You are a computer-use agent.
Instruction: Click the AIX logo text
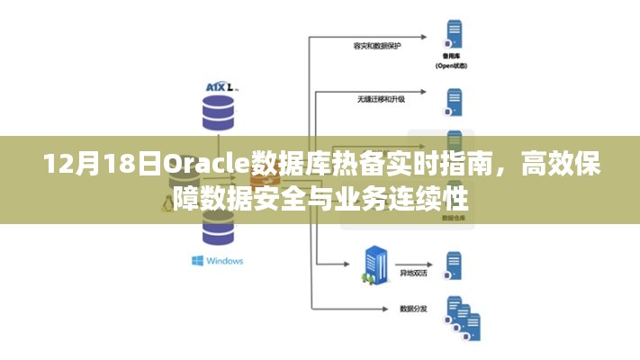click(217, 85)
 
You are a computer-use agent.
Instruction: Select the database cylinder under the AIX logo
click(217, 113)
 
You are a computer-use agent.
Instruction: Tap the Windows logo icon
click(197, 261)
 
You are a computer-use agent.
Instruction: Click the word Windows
click(224, 261)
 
